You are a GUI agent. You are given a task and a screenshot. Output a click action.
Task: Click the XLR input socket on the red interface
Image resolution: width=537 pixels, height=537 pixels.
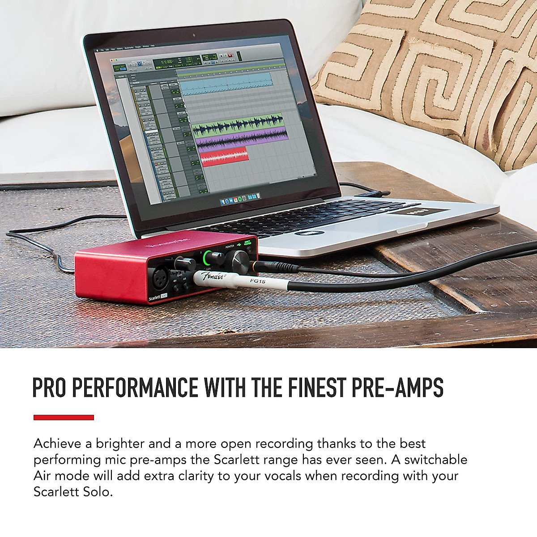click(160, 278)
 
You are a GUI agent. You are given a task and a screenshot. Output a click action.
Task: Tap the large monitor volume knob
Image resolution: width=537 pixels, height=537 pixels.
click(239, 260)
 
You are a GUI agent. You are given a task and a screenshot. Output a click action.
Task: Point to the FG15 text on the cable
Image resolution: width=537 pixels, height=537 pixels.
click(258, 281)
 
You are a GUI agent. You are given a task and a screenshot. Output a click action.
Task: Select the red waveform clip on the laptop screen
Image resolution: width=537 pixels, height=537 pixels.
click(224, 156)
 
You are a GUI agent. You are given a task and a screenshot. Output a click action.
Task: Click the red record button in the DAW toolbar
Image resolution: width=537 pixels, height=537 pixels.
click(230, 55)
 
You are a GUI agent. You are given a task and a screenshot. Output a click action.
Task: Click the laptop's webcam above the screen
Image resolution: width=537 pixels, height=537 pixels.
click(193, 35)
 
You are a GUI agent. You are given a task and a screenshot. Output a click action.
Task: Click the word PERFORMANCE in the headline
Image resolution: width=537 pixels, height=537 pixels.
click(135, 388)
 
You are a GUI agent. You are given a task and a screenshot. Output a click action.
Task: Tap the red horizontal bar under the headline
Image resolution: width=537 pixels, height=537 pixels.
click(64, 418)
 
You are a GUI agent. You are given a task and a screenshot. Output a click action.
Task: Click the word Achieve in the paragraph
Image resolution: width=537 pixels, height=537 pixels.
click(56, 443)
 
